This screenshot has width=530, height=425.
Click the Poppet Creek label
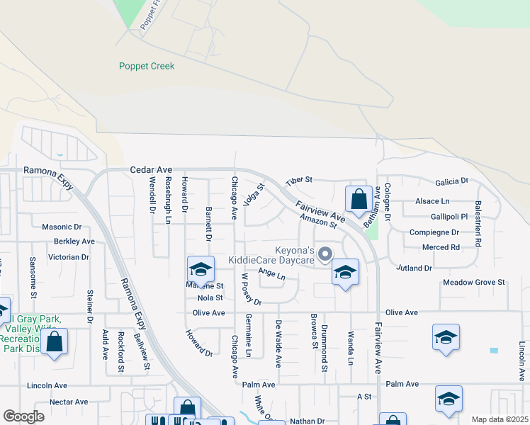[146, 66]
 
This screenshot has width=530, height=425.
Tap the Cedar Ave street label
[151, 170]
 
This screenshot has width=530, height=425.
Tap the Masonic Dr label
[62, 227]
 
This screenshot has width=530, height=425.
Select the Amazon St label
[317, 221]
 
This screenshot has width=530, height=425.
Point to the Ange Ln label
[271, 273]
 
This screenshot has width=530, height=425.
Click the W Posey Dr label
[252, 289]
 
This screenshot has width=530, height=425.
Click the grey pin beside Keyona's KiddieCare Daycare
[325, 253]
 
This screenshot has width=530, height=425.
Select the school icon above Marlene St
[201, 269]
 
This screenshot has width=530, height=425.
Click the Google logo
[23, 416]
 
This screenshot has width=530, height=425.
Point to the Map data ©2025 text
[500, 419]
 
